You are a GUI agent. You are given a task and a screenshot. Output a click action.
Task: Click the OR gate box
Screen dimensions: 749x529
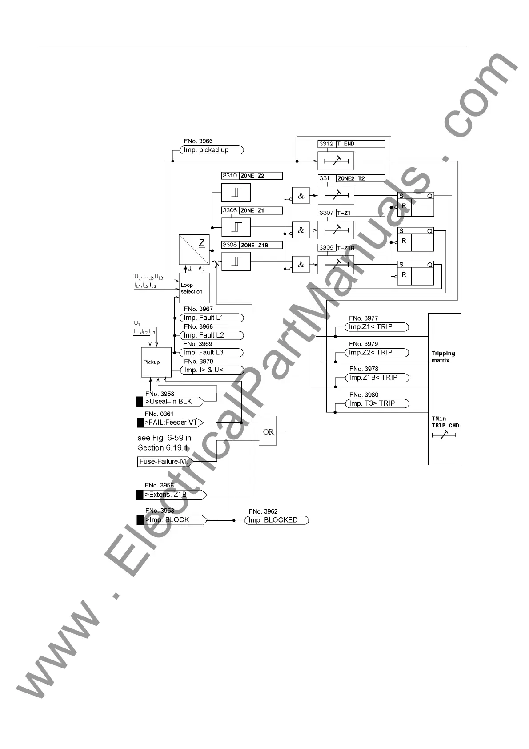coord(268,431)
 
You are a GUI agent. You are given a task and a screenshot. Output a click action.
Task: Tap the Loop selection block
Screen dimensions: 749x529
coord(194,288)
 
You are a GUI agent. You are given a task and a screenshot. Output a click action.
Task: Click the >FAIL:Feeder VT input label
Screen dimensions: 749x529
coord(170,423)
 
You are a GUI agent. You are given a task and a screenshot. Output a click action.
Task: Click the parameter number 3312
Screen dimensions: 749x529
coord(326,144)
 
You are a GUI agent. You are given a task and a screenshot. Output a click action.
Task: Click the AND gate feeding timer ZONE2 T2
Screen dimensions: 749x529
coord(301,196)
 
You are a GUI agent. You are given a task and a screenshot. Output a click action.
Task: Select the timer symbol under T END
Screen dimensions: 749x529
coord(336,161)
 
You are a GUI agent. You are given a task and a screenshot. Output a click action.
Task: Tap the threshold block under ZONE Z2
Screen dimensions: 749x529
coord(236,193)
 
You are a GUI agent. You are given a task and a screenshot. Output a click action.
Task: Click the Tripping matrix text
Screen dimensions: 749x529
coord(443,357)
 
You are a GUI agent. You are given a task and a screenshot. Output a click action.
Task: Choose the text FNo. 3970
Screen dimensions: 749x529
coord(198,362)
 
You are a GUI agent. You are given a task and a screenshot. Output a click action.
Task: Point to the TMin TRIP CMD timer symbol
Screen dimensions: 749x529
coord(444,435)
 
